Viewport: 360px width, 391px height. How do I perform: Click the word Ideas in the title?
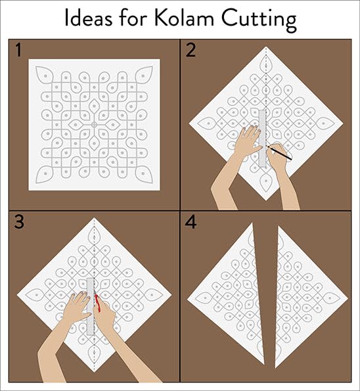89,18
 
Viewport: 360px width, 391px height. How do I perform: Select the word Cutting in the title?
259,20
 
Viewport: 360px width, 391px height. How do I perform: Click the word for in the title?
133,18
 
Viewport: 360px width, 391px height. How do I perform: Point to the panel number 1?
18,50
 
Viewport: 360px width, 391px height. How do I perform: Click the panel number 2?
191,50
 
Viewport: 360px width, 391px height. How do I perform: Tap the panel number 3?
19,222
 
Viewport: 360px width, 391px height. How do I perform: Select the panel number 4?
191,222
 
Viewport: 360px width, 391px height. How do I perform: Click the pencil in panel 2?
279,153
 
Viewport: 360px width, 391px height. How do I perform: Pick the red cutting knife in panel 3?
97,303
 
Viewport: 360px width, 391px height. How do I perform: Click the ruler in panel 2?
262,139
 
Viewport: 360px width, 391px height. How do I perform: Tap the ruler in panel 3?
90,306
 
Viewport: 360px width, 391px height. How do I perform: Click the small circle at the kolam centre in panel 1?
94,125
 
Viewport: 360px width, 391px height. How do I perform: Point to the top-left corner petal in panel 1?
44,74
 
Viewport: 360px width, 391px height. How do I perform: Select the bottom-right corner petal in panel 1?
144,174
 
